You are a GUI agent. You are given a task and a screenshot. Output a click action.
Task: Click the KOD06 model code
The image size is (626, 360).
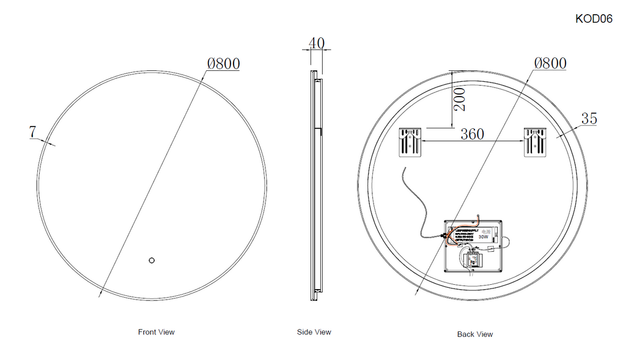594,19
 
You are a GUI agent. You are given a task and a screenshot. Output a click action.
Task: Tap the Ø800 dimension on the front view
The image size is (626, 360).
223,63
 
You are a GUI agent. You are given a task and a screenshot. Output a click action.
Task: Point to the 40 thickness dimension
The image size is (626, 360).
316,43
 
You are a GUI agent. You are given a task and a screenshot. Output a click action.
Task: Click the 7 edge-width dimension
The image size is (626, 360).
32,131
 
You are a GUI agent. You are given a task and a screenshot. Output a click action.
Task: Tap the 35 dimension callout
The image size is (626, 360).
589,119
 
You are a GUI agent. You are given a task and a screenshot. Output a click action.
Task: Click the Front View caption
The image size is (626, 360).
156,332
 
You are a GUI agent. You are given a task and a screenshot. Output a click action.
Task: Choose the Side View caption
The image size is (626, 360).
314,332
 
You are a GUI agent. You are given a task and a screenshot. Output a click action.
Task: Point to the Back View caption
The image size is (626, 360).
474,334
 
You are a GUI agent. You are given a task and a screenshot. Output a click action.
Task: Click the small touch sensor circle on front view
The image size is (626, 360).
151,261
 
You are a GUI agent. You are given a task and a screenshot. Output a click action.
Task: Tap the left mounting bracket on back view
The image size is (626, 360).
410,142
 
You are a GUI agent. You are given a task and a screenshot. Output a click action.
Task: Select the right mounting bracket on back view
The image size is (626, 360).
534,142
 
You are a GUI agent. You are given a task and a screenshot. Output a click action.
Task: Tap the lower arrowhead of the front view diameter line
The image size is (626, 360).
99,295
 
